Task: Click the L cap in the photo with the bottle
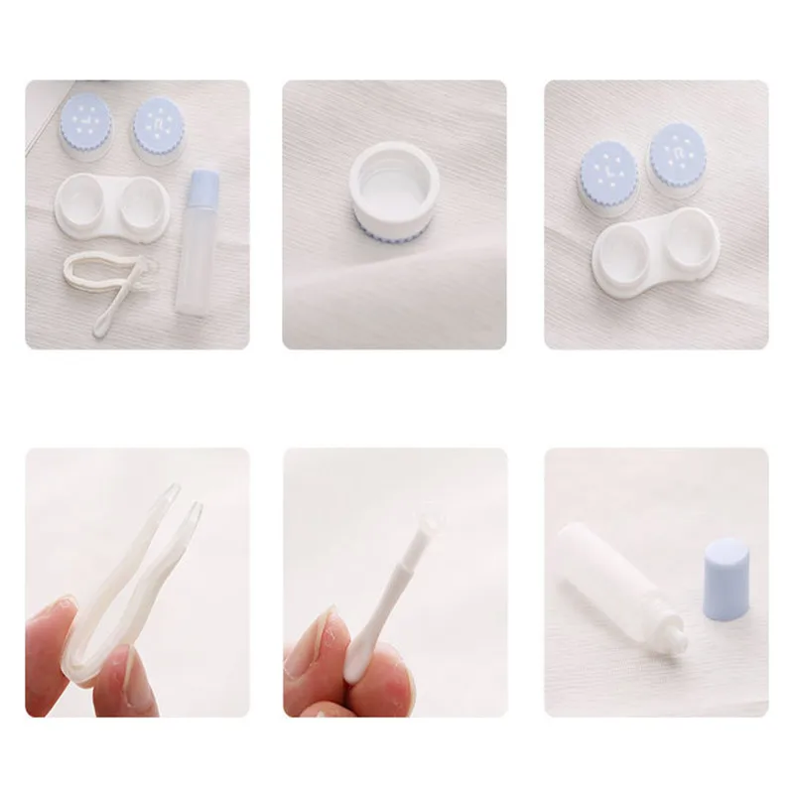tap(86, 125)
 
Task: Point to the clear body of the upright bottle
tap(198, 263)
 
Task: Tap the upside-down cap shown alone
tap(395, 195)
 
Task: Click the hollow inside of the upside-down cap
tap(395, 179)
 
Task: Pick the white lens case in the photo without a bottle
tap(656, 253)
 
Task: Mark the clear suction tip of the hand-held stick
tap(428, 521)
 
